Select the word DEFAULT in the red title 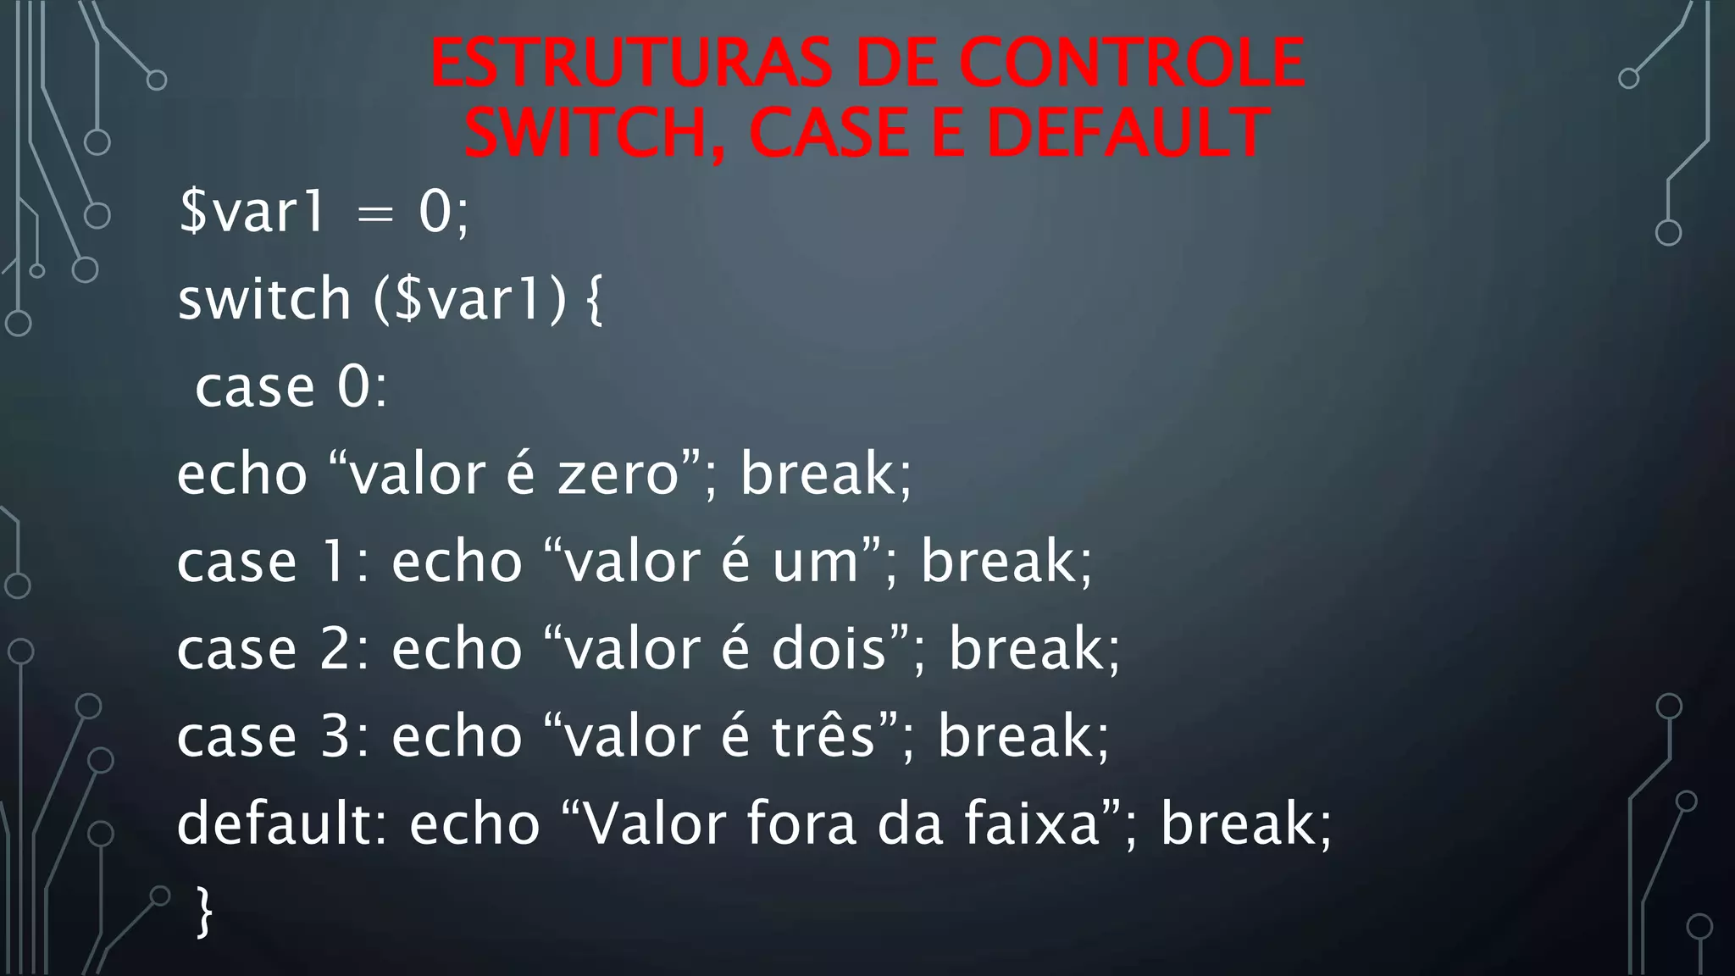(1128, 133)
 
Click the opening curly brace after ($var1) (594, 301)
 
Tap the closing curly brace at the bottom (204, 912)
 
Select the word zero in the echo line (618, 474)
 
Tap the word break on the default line (1238, 824)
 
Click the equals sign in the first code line (375, 214)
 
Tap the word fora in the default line (801, 824)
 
